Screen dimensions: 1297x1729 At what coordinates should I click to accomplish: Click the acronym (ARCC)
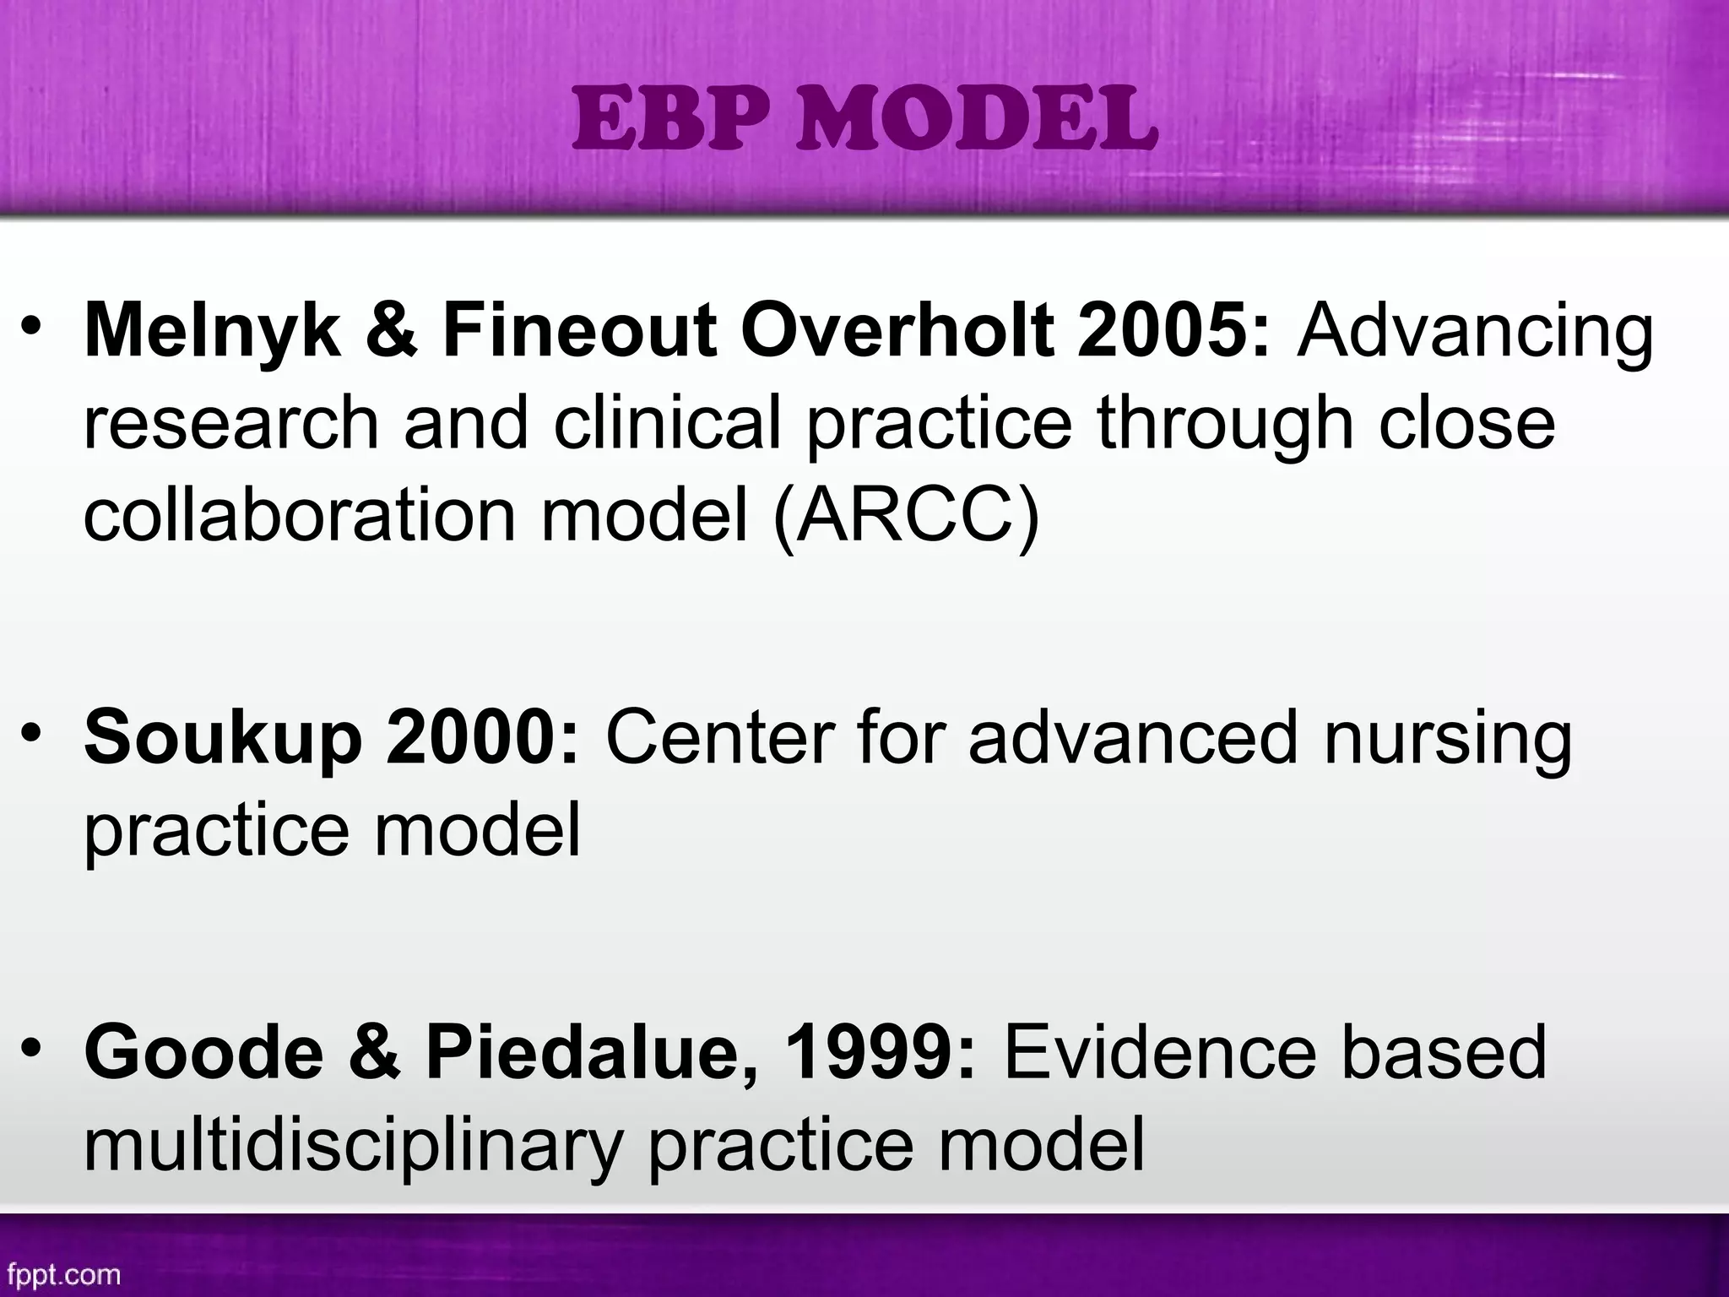coord(906,516)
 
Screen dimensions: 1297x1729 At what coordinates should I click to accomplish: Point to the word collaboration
coord(299,514)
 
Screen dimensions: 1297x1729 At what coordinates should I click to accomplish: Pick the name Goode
coord(203,1053)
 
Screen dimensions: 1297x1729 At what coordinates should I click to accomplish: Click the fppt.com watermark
coord(62,1273)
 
